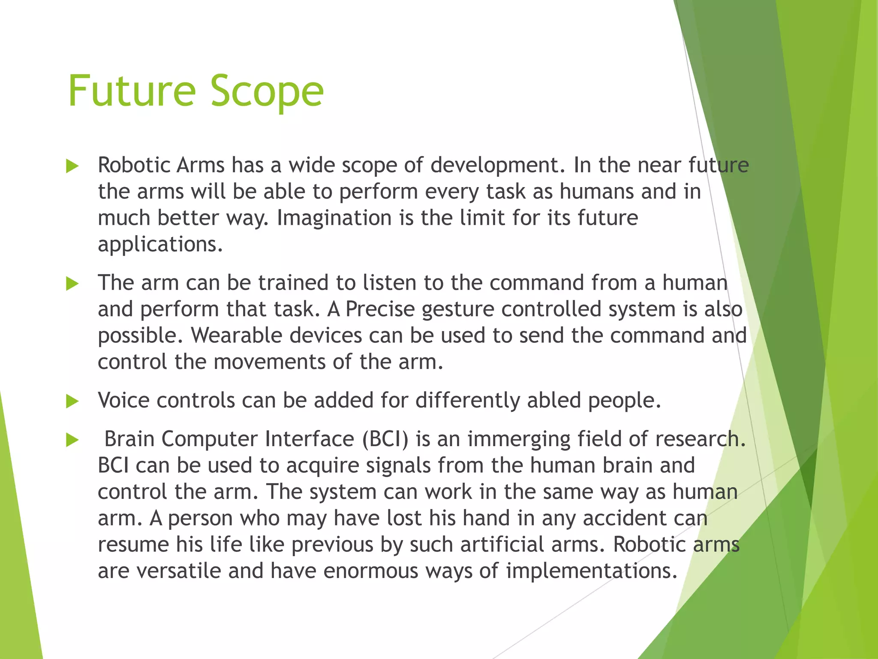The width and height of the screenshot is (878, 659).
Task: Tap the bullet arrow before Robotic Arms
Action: pyautogui.click(x=72, y=166)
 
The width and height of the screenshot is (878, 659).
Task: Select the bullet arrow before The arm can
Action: pyautogui.click(x=72, y=284)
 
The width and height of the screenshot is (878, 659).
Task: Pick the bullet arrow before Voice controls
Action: pyautogui.click(x=72, y=402)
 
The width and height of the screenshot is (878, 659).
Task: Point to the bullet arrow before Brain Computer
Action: pyautogui.click(x=72, y=440)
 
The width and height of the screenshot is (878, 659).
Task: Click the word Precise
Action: pyautogui.click(x=380, y=309)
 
